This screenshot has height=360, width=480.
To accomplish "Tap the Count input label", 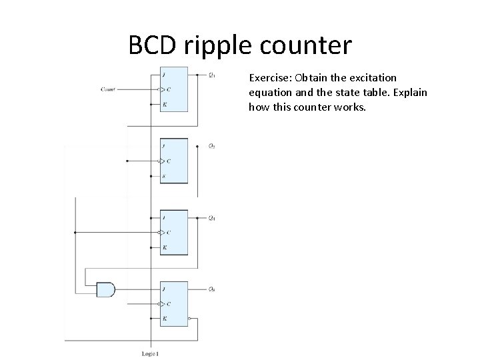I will [108, 89].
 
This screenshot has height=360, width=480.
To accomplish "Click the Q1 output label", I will [212, 74].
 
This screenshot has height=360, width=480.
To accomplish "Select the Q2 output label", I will [212, 145].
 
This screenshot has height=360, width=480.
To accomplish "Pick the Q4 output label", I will [212, 217].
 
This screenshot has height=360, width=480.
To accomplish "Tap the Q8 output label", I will [212, 289].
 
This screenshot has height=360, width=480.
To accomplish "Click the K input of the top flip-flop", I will [164, 104].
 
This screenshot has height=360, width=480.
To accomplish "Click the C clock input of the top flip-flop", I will [168, 89].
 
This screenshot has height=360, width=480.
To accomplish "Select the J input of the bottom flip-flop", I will [164, 289].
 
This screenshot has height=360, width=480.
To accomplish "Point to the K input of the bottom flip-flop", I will [164, 319].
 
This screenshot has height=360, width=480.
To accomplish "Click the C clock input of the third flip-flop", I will [168, 232].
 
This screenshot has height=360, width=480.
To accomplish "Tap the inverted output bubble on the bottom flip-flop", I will [191, 319].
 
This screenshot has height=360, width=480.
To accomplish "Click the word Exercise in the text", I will [269, 78].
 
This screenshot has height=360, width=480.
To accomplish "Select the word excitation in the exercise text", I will [374, 78].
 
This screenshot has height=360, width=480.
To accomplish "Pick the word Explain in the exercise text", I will [408, 92].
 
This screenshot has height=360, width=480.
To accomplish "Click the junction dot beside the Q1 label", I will [198, 74].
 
